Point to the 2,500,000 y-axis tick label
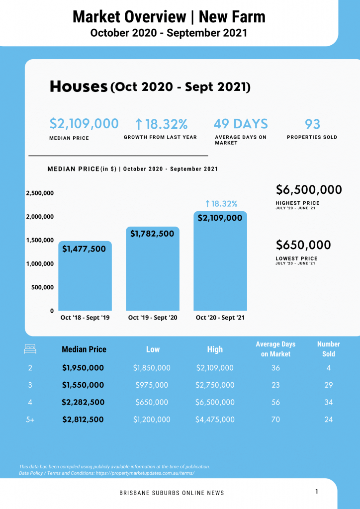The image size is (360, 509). click(x=40, y=193)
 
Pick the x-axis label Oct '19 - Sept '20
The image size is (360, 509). click(x=153, y=318)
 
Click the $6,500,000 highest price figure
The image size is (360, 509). click(x=309, y=190)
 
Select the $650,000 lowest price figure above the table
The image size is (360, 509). click(x=303, y=245)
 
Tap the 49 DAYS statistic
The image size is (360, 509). click(x=241, y=124)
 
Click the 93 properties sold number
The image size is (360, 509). click(x=312, y=124)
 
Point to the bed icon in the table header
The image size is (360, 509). click(x=30, y=349)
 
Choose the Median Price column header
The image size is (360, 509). click(x=84, y=349)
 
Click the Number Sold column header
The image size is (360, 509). click(x=328, y=349)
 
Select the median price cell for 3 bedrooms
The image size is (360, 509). click(x=83, y=385)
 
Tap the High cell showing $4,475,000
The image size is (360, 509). click(x=215, y=420)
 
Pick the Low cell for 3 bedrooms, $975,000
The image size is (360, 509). click(x=152, y=385)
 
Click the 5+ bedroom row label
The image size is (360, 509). click(x=30, y=420)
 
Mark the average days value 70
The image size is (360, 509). click(x=275, y=420)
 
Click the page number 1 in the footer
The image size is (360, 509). click(x=316, y=492)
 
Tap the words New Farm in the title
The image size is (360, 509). click(x=232, y=17)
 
